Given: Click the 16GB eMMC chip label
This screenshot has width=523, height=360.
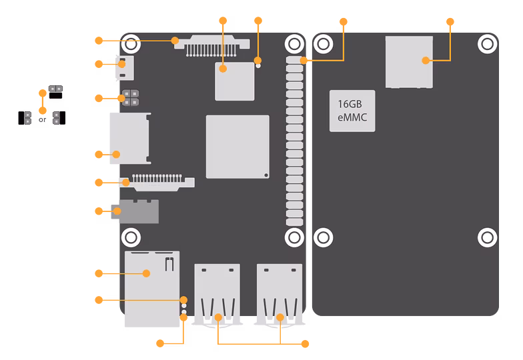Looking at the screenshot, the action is [x=352, y=111].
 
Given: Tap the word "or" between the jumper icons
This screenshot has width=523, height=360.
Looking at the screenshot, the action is [x=43, y=120].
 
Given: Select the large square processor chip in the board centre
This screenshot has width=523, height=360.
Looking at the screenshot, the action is [x=237, y=147].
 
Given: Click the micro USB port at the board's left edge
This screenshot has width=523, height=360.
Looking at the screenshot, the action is [x=125, y=68].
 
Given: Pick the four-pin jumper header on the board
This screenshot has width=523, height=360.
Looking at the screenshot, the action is [x=131, y=97].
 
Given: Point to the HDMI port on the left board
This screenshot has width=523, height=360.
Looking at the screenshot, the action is [x=130, y=139].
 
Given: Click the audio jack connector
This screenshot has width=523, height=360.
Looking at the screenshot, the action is [x=135, y=211].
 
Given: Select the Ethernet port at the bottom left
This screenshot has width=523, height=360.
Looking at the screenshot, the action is [x=152, y=289].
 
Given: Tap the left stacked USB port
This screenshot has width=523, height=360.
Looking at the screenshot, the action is [x=217, y=294].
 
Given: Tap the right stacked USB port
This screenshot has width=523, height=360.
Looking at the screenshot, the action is [x=280, y=294].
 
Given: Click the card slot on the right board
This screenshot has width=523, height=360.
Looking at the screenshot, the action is [x=410, y=62].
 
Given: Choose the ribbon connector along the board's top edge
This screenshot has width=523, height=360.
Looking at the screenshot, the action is [x=212, y=45].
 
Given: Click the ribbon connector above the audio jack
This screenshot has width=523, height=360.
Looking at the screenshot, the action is [x=157, y=183].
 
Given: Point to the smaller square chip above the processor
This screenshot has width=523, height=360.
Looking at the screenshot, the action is [x=235, y=81].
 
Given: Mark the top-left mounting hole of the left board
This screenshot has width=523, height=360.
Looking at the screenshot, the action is [x=131, y=44].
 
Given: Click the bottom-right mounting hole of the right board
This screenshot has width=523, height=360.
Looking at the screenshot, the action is [x=487, y=237].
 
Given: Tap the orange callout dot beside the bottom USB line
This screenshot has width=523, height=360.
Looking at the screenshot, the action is [x=305, y=344].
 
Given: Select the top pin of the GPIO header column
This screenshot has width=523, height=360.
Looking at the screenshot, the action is [x=295, y=60].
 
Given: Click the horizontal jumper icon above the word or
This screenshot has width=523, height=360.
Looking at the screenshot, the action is [x=56, y=92].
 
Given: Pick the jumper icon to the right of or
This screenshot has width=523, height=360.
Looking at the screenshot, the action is [x=59, y=118].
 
